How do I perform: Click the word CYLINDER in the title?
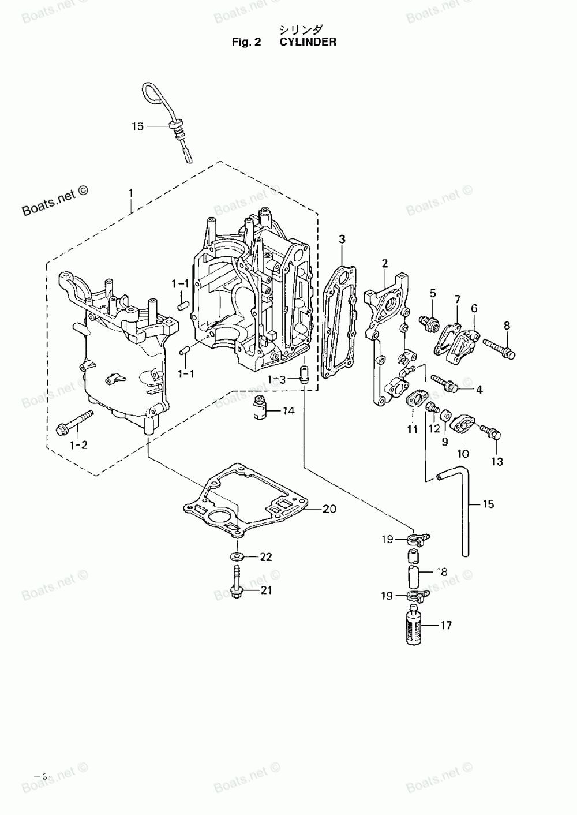click(308, 42)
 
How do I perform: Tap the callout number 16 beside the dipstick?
click(137, 126)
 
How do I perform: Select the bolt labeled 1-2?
click(75, 421)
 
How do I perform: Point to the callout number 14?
click(288, 411)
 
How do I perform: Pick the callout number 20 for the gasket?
click(329, 509)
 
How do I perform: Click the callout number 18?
click(441, 572)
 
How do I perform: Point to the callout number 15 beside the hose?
click(488, 504)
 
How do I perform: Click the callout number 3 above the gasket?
click(342, 239)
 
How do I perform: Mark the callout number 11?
click(412, 429)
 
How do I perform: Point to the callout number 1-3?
click(277, 380)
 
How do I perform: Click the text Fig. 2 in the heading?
click(246, 43)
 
